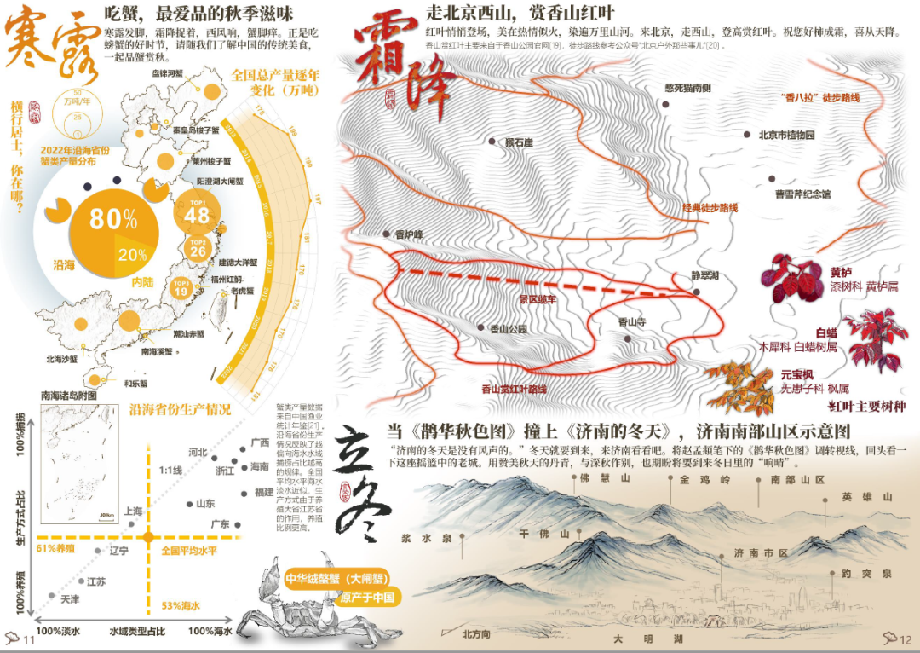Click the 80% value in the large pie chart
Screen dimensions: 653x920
coord(113,219)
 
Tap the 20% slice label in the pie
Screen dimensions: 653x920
coord(132,254)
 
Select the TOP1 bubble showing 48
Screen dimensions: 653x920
coord(197,213)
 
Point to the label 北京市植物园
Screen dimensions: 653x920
coord(786,135)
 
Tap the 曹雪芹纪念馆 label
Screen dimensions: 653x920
coord(802,194)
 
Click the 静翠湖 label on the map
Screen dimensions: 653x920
coord(705,276)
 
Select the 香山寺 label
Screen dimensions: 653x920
coord(632,322)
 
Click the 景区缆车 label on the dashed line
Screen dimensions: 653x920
coord(538,298)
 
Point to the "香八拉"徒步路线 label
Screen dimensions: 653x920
coord(820,97)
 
